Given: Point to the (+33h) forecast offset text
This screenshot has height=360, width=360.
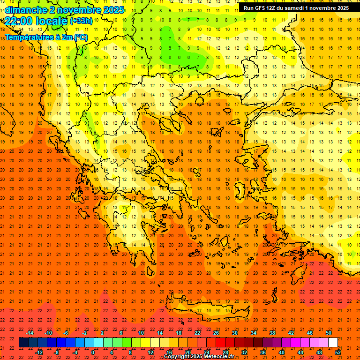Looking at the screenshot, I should click(x=81, y=21).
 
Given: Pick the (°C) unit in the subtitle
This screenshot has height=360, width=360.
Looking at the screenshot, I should click(x=80, y=37).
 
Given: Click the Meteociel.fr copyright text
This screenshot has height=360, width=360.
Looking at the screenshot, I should click(x=199, y=357).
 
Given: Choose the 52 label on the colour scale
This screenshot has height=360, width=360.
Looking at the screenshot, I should click(x=338, y=352).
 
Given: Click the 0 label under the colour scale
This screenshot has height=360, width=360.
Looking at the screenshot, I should click(x=93, y=352).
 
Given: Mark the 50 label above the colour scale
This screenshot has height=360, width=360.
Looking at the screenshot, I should click(x=329, y=333).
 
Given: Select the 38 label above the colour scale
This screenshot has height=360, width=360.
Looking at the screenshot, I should click(x=272, y=333).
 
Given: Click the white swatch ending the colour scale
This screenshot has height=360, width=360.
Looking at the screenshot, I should click(x=333, y=343).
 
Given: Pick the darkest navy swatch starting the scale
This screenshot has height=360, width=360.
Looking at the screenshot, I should click(x=23, y=343).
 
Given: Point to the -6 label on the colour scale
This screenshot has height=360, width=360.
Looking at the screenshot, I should click(x=66, y=333).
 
